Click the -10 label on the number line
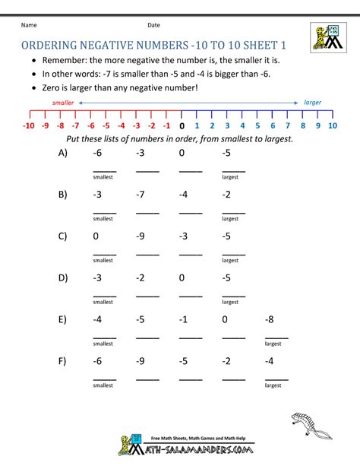tap(30, 126)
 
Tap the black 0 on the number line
tap(181, 126)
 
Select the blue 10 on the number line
tap(332, 126)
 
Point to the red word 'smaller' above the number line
tap(64, 102)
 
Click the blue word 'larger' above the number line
tap(312, 102)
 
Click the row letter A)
tap(62, 153)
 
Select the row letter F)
tap(62, 361)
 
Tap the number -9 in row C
tap(141, 236)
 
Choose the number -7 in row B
tap(141, 195)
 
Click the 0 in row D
tap(182, 277)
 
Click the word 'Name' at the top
tap(28, 25)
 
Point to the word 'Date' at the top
tap(153, 25)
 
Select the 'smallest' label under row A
tap(103, 176)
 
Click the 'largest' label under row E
tap(273, 343)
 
